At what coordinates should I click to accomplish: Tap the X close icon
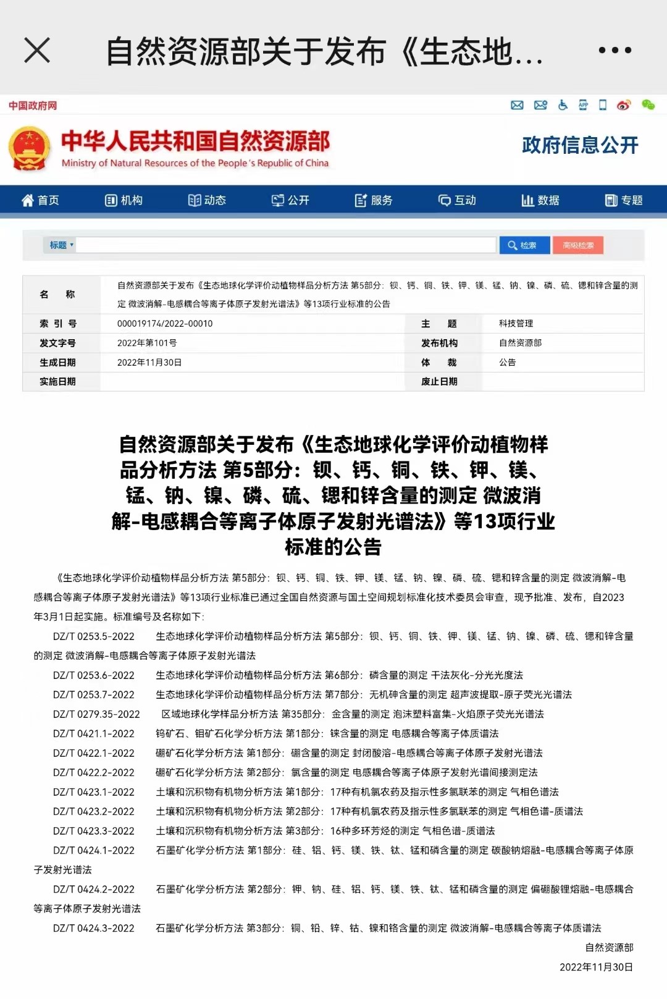point(37,50)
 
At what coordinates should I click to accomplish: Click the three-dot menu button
point(615,50)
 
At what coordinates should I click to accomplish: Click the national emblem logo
point(29,149)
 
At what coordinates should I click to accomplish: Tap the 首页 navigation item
point(41,200)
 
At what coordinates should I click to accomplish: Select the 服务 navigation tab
point(374,200)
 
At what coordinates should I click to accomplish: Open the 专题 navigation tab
point(624,200)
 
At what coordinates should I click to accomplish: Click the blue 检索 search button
point(522,245)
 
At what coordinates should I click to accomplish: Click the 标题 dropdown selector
point(61,245)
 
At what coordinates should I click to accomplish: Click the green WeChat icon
point(648,105)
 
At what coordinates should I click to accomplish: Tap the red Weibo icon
point(624,105)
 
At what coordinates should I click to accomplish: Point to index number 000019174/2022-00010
point(165,324)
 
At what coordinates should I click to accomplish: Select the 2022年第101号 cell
point(147,343)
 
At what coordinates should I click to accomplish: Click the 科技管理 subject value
point(516,324)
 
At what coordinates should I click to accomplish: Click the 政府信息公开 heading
point(579,145)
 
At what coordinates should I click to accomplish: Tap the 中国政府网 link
point(33,106)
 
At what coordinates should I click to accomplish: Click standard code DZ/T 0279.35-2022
point(96,714)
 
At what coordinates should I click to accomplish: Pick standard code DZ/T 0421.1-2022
point(94,733)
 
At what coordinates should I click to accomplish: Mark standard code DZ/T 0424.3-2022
point(94,928)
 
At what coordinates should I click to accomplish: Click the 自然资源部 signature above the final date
point(609,947)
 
